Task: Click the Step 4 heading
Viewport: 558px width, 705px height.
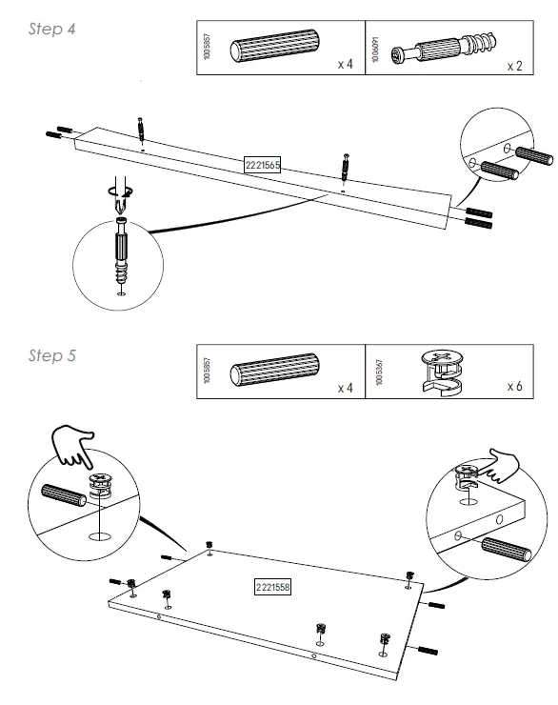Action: pos(52,30)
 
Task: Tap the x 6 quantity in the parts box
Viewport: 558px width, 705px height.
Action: pos(514,388)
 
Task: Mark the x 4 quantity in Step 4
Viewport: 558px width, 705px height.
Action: pos(345,65)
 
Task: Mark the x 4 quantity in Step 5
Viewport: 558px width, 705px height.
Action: pos(345,389)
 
